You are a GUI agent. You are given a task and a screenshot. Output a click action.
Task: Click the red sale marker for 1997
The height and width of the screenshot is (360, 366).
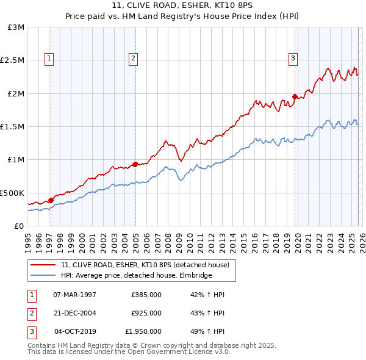51,200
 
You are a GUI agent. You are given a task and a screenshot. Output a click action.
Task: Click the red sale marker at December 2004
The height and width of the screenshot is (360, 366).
135,164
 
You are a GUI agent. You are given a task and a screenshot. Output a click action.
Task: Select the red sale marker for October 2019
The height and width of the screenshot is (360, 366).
295,96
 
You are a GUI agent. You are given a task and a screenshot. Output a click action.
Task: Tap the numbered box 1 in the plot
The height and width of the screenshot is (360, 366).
49,59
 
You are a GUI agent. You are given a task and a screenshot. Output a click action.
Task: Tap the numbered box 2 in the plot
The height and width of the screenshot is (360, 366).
132,59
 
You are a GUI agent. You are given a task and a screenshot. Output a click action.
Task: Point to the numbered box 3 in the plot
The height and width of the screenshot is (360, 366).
293,59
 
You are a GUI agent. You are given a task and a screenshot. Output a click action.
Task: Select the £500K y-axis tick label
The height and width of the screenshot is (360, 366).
13,193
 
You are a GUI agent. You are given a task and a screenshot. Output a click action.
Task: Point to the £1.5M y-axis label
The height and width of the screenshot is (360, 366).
13,127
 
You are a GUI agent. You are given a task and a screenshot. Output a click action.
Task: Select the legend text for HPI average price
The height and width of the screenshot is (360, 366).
136,276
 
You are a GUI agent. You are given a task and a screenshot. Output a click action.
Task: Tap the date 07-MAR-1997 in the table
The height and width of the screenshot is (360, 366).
74,295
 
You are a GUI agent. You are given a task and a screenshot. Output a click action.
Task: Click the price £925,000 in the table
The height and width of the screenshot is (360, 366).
146,313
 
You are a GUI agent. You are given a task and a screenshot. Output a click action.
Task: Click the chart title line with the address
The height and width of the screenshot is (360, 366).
182,5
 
